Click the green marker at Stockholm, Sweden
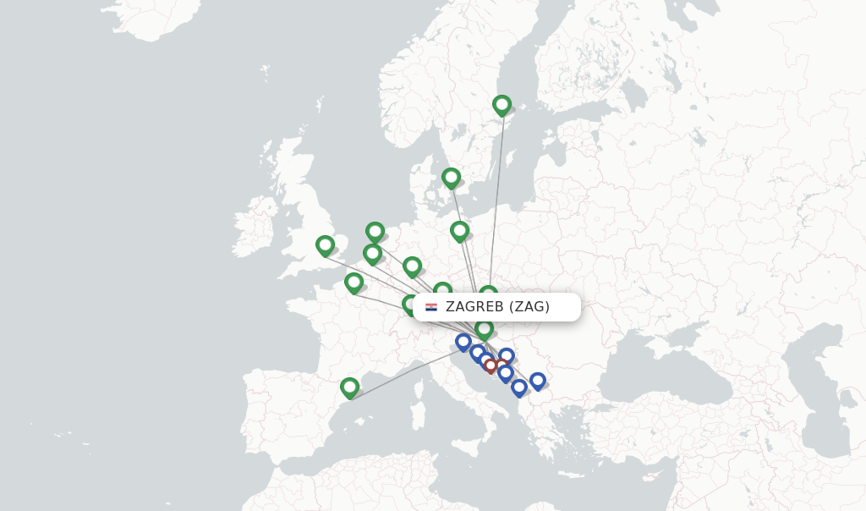(x=502, y=105)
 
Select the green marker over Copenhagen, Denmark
(x=451, y=178)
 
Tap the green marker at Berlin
(x=459, y=230)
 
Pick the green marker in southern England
(x=325, y=245)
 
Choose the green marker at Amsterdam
(x=375, y=231)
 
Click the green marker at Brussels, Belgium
(x=372, y=253)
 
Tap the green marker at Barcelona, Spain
(x=349, y=387)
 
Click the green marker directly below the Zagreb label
(x=484, y=328)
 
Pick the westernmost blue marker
(x=463, y=342)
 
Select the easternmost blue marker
(x=537, y=381)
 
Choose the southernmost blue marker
(x=519, y=387)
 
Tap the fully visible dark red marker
(x=491, y=366)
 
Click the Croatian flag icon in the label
(x=431, y=306)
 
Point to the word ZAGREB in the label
(x=474, y=306)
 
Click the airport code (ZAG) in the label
(x=529, y=306)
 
